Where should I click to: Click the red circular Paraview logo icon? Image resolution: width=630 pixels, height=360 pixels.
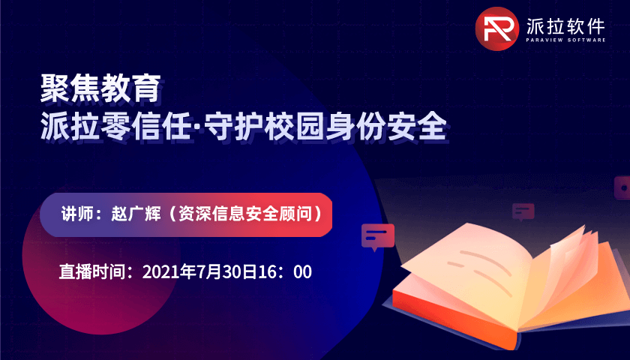[x=497, y=28]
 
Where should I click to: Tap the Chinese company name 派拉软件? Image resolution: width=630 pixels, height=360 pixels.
[x=565, y=26]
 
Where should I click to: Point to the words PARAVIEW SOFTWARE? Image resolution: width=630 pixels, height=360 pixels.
[x=565, y=40]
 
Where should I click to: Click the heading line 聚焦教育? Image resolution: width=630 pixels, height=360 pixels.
[x=100, y=88]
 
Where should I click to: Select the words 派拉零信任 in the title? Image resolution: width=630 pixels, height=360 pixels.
[x=115, y=126]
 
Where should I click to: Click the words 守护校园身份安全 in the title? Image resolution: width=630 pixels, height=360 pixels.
[x=326, y=126]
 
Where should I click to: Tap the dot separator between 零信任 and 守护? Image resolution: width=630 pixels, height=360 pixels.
[x=199, y=127]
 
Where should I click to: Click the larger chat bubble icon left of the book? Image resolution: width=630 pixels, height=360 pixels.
[x=378, y=237]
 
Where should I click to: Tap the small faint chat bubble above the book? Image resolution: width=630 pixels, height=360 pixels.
[x=523, y=211]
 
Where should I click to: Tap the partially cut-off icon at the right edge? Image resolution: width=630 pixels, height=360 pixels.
[x=622, y=187]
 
